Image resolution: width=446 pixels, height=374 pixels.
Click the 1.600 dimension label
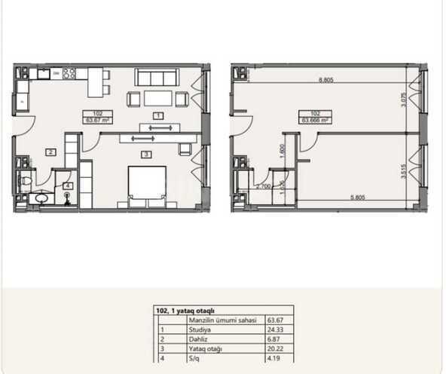[x=280, y=149]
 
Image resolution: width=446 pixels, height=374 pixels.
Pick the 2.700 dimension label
[x=264, y=184]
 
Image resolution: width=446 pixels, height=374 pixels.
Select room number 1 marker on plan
[x=157, y=115]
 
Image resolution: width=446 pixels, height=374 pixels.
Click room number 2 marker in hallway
[x=50, y=152]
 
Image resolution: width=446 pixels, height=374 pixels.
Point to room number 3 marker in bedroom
[x=147, y=154]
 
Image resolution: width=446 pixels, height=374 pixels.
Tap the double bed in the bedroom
[x=147, y=186]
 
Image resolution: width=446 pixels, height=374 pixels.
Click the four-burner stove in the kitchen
[x=69, y=74]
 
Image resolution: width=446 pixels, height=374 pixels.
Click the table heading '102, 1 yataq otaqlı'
[x=186, y=309]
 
